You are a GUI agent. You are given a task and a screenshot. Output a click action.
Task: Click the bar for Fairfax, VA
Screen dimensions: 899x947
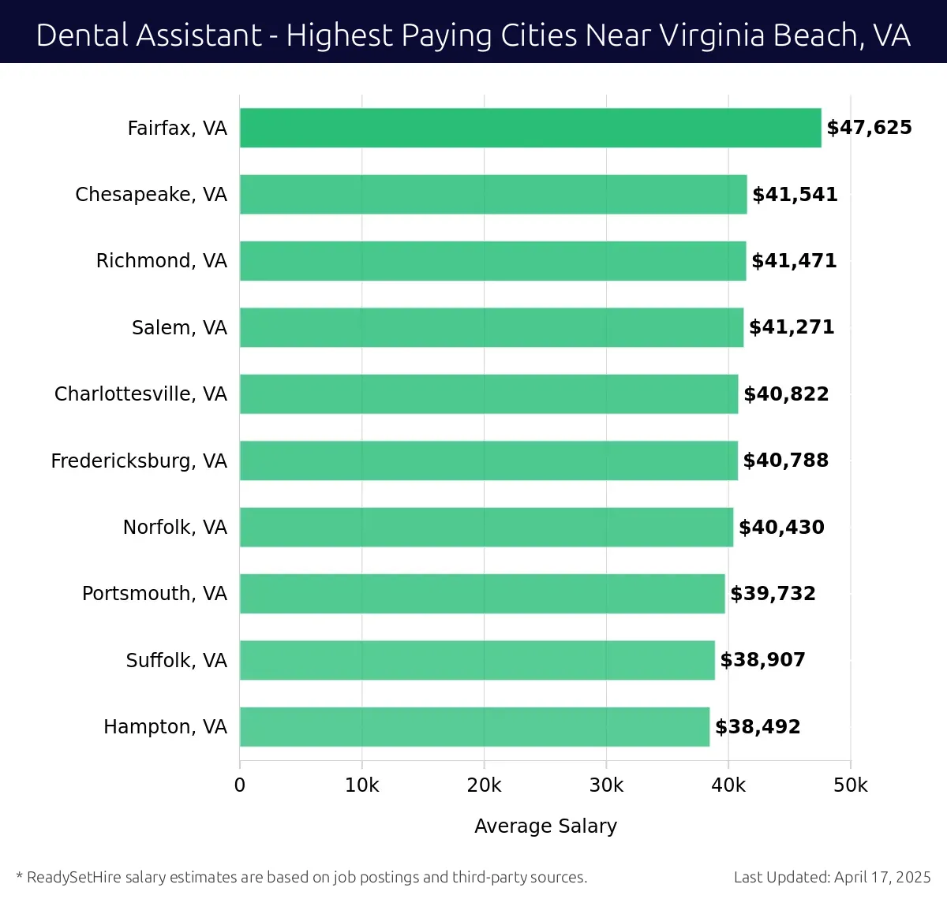click(530, 128)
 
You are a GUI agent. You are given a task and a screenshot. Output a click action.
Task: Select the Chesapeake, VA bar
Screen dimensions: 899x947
click(493, 194)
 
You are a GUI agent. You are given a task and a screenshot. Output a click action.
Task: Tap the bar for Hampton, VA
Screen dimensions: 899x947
click(474, 726)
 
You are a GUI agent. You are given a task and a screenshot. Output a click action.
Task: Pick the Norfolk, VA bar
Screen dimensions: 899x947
click(486, 527)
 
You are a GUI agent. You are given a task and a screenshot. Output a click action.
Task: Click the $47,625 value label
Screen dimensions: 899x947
click(869, 128)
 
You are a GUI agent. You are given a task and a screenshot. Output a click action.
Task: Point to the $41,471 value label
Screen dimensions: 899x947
click(794, 261)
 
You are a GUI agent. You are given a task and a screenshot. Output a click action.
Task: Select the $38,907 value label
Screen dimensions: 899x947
click(762, 660)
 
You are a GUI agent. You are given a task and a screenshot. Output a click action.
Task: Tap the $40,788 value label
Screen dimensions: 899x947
click(785, 461)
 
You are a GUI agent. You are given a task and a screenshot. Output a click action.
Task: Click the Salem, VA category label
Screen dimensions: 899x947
click(179, 327)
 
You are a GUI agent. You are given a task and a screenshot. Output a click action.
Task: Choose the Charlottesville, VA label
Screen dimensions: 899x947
click(140, 394)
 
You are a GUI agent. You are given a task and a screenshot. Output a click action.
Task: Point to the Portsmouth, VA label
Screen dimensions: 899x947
click(155, 593)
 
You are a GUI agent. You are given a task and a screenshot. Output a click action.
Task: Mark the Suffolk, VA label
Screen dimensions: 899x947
click(176, 660)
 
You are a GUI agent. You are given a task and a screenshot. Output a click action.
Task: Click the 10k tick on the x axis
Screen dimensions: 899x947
click(362, 785)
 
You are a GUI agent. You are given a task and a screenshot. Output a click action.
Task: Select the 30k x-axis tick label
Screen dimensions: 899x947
click(606, 785)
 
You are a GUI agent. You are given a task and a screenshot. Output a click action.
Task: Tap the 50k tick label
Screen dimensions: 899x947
click(851, 785)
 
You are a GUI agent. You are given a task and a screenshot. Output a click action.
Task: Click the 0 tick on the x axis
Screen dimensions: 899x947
click(240, 785)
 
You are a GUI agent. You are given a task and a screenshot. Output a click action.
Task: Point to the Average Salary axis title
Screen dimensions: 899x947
click(545, 826)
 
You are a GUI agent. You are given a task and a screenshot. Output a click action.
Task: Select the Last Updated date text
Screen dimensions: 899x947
click(832, 877)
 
